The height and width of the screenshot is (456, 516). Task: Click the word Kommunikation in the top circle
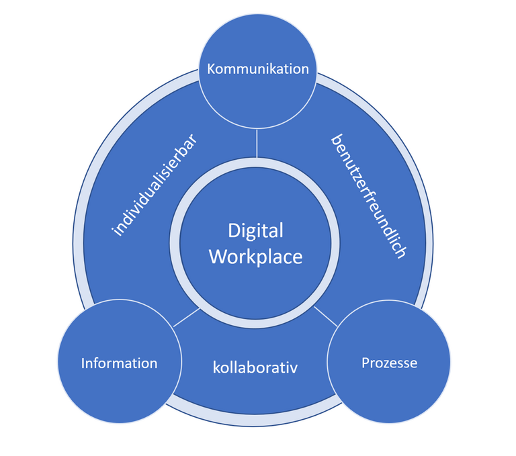pos(258,69)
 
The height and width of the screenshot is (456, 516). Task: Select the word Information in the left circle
pos(119,363)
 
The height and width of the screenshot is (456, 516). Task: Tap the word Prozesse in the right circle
pos(389,363)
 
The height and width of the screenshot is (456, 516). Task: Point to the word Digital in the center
pos(256,232)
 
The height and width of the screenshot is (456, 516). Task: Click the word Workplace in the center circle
pos(256,257)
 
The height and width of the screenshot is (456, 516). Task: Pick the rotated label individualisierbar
pos(155,185)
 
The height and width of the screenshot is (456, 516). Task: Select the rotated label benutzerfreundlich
pos(369,196)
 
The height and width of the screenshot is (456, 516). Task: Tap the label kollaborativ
pos(255,367)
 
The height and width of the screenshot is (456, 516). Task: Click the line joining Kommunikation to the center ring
pos(257,143)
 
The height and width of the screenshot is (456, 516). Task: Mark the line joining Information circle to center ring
pos(187,318)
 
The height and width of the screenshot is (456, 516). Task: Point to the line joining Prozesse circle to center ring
pos(326,316)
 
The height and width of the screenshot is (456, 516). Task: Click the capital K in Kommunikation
pos(211,69)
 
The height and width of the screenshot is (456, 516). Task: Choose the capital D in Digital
pos(233,230)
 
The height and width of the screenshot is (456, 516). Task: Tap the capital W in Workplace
pos(218,257)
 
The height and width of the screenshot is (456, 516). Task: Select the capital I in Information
pos(83,363)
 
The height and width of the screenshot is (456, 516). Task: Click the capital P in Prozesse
pos(365,363)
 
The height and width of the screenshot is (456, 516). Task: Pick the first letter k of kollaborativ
pos(216,367)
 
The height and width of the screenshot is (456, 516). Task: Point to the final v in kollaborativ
pos(294,369)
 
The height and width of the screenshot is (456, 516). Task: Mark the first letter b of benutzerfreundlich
pos(337,140)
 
